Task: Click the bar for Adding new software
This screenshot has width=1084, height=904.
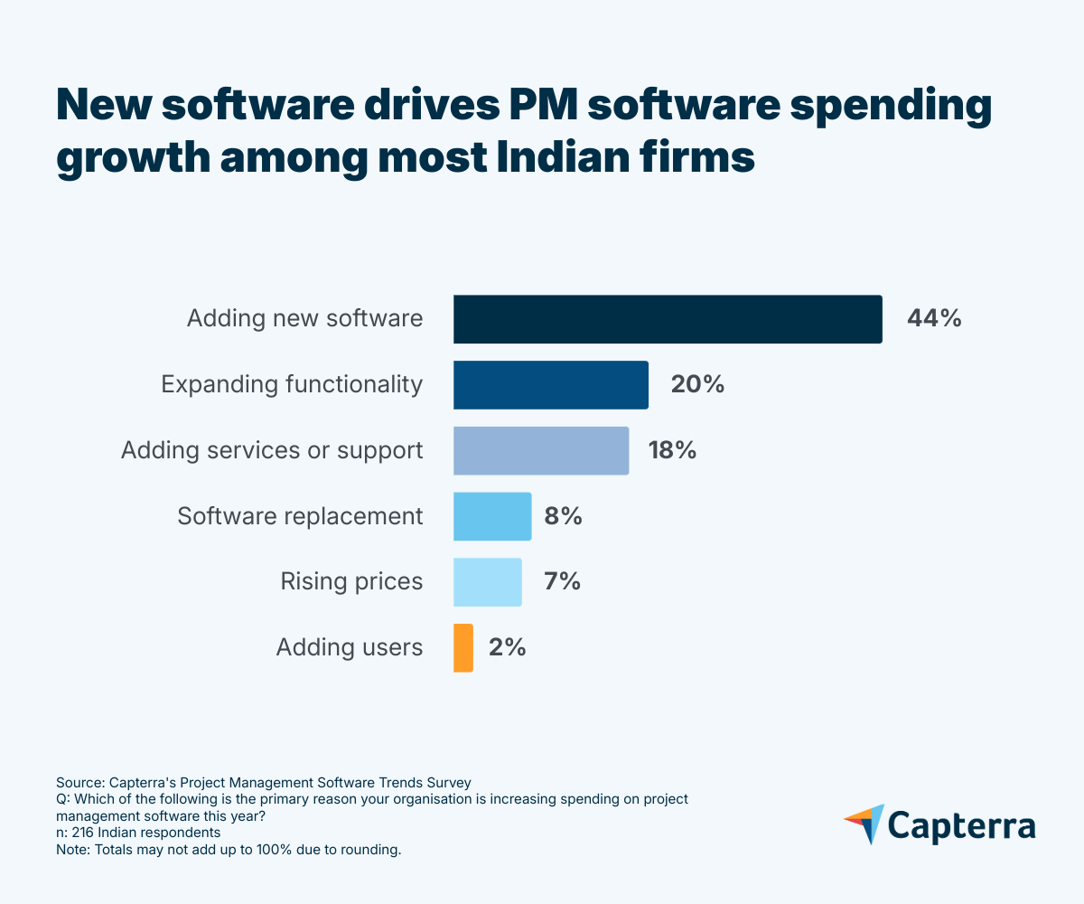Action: [668, 319]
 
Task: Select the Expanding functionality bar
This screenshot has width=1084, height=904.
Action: [551, 385]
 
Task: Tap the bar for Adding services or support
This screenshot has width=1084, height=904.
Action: [541, 450]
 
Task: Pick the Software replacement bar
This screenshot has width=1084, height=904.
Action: [492, 516]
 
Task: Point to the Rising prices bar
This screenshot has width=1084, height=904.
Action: [488, 582]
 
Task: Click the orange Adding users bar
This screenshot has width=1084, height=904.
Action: [463, 647]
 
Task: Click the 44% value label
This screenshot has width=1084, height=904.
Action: [934, 319]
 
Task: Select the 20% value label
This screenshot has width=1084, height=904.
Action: [697, 385]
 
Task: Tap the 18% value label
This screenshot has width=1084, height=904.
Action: [673, 450]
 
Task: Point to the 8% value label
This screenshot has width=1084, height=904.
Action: [563, 516]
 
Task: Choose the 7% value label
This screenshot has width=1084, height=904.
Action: [562, 582]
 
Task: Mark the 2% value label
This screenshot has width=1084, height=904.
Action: [507, 647]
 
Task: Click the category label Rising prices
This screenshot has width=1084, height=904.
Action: [351, 581]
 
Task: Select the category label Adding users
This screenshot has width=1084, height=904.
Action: [349, 647]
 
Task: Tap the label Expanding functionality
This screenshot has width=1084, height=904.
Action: [292, 385]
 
